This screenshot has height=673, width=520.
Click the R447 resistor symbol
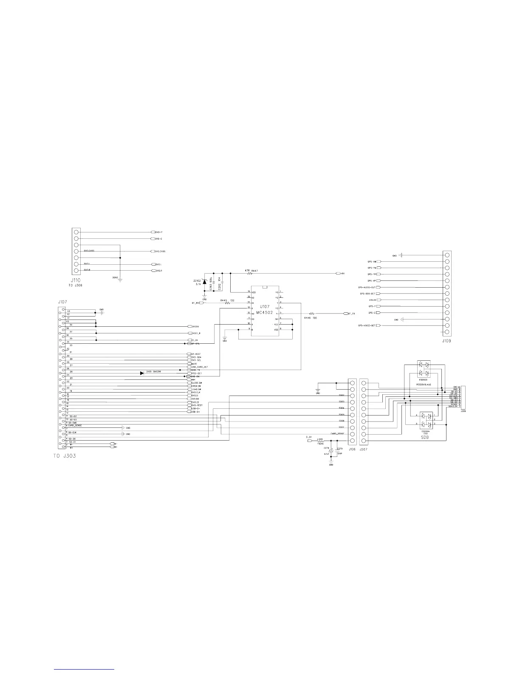tap(249, 274)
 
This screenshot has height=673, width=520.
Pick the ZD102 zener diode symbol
tap(204, 281)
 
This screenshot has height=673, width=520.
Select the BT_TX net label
tap(351, 313)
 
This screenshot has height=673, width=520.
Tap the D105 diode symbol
tap(142, 373)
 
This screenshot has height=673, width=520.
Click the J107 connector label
tap(62, 302)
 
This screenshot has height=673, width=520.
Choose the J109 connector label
tap(447, 340)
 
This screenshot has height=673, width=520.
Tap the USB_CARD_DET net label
tap(199, 367)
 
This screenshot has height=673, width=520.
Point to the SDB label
tap(425, 437)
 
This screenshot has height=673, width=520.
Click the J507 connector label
tap(364, 449)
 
